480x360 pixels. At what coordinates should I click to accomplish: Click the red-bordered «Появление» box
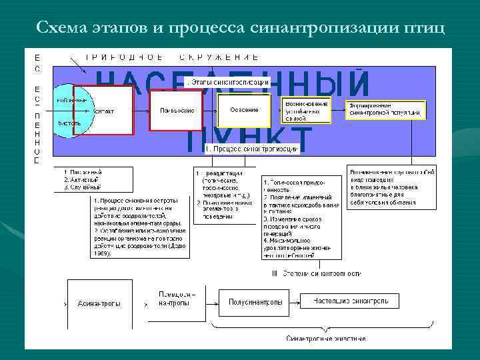tap(176, 110)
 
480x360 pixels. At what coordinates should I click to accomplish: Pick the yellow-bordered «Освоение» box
tap(244, 110)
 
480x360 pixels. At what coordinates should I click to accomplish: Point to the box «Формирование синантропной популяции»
tap(386, 110)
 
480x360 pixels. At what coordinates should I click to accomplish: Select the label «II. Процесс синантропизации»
tap(251, 149)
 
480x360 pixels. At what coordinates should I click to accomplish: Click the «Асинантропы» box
tap(99, 303)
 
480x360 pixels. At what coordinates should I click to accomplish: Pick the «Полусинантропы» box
tap(255, 302)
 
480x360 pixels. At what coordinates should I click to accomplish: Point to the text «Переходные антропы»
tap(177, 299)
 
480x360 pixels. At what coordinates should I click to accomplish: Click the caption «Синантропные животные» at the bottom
tap(326, 339)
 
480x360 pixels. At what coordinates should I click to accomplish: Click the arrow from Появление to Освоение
tap(210, 110)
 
